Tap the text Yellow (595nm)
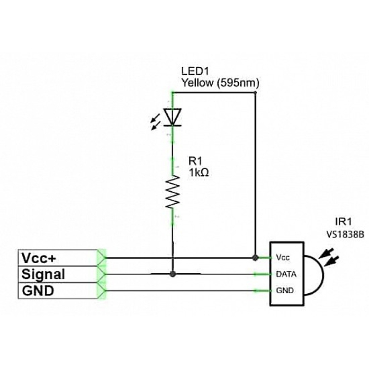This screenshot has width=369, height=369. (x=220, y=82)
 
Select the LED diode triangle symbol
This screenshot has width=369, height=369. (x=172, y=117)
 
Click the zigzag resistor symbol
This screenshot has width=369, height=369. (x=173, y=192)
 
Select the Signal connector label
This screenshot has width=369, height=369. (x=43, y=274)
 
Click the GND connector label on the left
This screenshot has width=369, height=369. (x=38, y=291)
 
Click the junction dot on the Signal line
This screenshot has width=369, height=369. (x=173, y=274)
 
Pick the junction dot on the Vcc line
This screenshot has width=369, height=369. (x=254, y=257)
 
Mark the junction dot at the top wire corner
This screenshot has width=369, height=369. (x=256, y=93)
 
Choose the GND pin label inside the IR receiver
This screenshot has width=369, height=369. (x=285, y=291)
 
